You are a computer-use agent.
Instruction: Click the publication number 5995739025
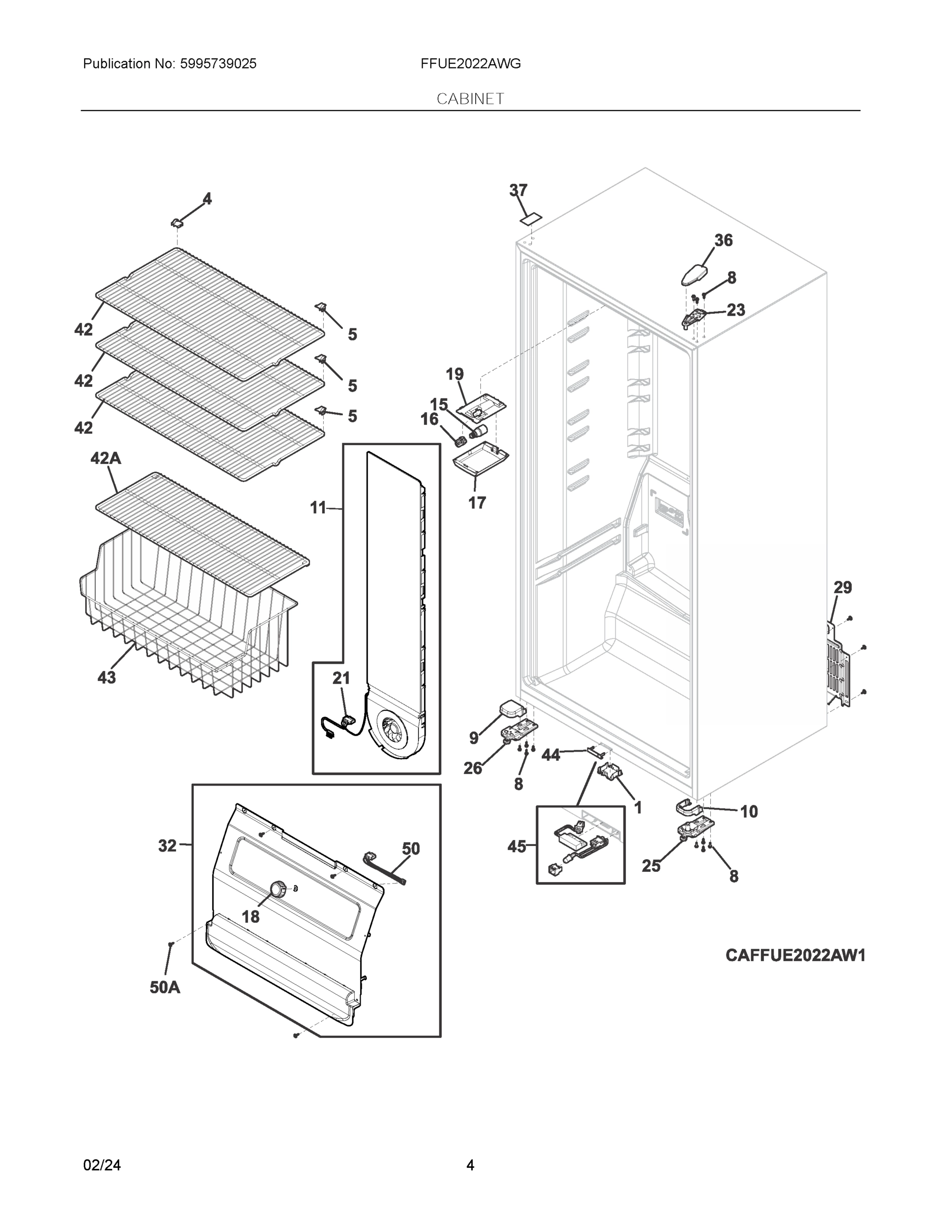[x=218, y=64]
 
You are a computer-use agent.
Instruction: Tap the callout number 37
[x=518, y=191]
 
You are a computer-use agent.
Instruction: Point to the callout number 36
[x=723, y=241]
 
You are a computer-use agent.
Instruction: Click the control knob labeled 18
[x=277, y=889]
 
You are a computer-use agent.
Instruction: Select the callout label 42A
[x=106, y=458]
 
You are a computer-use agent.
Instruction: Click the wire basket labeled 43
[x=184, y=625]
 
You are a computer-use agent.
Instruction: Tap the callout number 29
[x=842, y=587]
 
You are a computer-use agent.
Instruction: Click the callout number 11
[x=318, y=507]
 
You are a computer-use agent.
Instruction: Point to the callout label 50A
[x=164, y=988]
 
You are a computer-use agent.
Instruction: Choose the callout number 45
[x=516, y=847]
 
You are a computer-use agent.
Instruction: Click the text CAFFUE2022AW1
[x=795, y=955]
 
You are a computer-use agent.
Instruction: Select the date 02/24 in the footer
[x=101, y=1165]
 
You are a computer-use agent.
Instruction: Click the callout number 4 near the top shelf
[x=207, y=199]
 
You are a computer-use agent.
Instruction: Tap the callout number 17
[x=477, y=503]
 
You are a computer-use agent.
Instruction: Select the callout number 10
[x=749, y=811]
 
